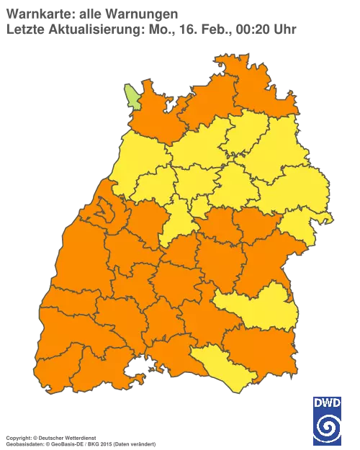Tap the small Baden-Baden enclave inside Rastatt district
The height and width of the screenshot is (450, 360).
pyautogui.click(x=105, y=212)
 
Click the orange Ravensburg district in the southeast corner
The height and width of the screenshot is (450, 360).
pyautogui.click(x=263, y=346)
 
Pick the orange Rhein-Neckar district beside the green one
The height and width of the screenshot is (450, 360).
pyautogui.click(x=155, y=115)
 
